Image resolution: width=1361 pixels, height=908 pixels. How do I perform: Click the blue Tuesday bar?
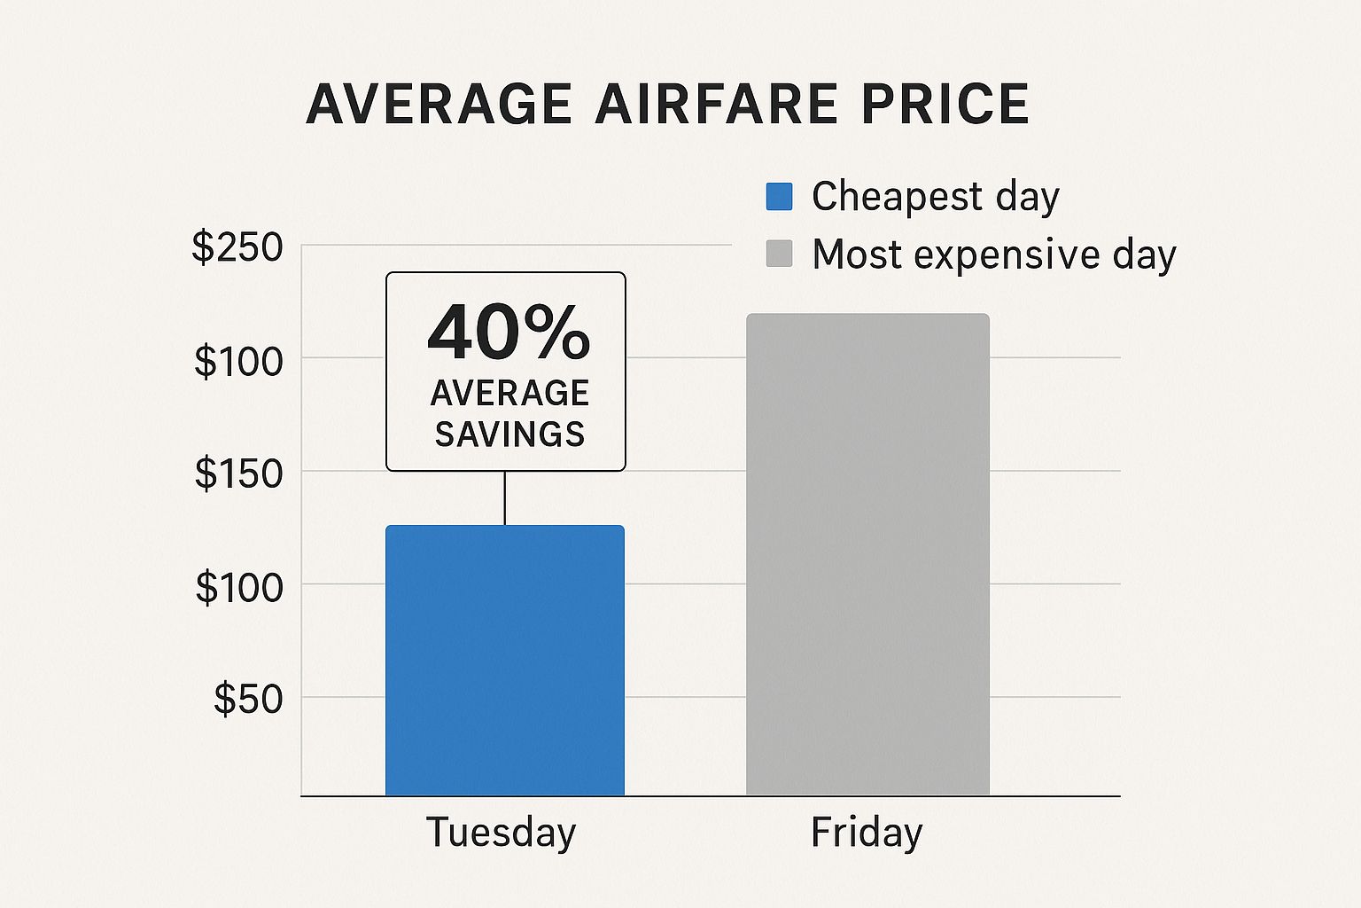pos(505,661)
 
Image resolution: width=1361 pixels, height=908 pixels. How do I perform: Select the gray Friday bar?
pos(867,554)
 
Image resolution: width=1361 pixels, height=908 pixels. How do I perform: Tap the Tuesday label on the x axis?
pos(502,833)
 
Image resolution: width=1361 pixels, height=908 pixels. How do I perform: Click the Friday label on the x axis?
pos(867,833)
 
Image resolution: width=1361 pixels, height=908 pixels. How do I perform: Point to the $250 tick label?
pos(237,247)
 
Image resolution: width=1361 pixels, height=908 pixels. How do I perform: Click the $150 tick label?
pos(238,474)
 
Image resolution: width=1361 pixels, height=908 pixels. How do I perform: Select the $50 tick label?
pos(248,699)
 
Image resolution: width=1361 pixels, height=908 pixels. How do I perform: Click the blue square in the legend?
pos(779,196)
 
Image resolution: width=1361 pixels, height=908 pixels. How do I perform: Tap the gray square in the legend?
pos(779,254)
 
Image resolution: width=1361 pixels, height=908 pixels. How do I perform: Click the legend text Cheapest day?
pos(935,196)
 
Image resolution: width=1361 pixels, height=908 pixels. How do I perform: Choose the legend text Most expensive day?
pos(993,254)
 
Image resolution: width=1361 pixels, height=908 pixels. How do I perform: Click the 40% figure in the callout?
pos(508,333)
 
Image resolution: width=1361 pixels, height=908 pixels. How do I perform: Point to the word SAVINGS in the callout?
pos(509,434)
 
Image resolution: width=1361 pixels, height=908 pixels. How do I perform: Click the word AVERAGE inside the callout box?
pos(509,393)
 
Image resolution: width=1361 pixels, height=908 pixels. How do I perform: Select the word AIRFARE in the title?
pos(716,104)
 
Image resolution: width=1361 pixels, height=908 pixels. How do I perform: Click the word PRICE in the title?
pos(945,104)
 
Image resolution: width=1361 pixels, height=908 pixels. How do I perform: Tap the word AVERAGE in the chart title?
pos(439,104)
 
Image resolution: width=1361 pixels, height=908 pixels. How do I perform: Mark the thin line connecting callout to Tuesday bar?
pos(505,498)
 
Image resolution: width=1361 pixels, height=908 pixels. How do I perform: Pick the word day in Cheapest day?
pos(1027,197)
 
